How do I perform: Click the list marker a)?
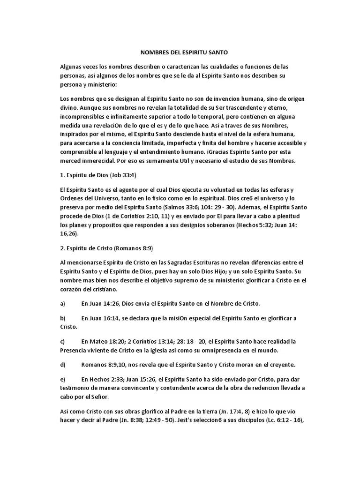[63, 303]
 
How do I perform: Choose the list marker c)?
[63, 341]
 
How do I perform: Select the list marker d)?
[63, 364]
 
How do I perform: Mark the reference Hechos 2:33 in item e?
[106, 379]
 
